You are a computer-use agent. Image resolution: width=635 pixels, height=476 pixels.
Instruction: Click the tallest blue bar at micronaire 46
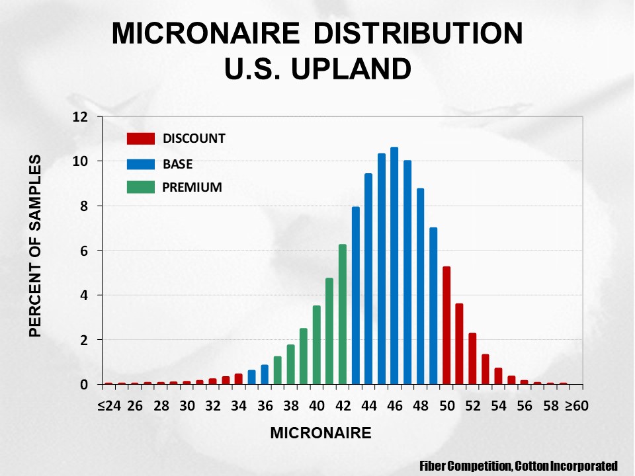pos(394,266)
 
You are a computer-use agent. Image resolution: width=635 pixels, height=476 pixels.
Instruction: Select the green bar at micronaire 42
pos(343,314)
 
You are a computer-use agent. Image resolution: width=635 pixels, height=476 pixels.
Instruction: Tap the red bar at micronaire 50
pos(446,325)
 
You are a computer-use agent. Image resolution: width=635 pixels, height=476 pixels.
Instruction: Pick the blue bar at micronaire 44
pos(368,279)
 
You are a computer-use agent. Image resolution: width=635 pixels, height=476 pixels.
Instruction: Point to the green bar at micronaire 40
pos(317,345)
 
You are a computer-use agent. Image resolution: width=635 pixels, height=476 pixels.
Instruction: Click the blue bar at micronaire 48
pos(421,286)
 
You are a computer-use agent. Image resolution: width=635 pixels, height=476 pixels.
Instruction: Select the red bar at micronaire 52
pos(472,358)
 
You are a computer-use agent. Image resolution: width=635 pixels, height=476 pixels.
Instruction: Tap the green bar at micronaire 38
pos(291,364)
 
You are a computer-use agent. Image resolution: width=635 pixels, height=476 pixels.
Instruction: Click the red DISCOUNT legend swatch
pos(140,139)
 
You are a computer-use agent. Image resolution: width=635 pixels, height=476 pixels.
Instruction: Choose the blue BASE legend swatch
pos(140,164)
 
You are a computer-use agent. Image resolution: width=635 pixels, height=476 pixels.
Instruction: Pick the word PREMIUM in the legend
pos(192,187)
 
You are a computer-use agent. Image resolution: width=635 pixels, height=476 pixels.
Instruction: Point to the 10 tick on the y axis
pos(100,161)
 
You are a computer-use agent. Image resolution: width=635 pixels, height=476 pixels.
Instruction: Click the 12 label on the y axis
pos(80,117)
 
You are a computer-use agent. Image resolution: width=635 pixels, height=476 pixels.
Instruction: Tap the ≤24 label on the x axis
pos(109,405)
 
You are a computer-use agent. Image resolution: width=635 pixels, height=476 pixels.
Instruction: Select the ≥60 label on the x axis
pos(576,405)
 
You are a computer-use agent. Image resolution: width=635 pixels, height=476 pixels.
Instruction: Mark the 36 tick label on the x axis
pos(265,405)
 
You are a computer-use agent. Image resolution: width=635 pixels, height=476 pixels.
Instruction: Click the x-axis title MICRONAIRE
pos(321,433)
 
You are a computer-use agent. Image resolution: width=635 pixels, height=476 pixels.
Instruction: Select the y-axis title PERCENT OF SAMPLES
pos(36,246)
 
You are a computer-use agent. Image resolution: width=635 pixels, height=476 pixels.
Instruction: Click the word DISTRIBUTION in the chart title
pos(418,33)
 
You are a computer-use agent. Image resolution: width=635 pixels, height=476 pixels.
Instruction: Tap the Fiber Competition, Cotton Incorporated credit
pos(519,466)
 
